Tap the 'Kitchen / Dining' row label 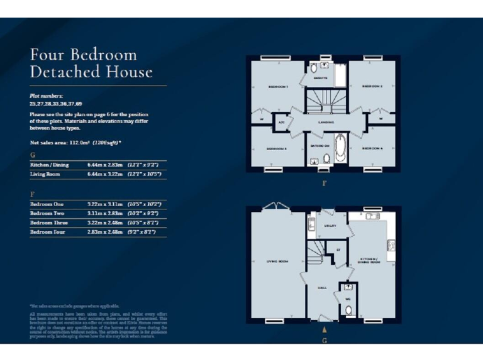point(50,165)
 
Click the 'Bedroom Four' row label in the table point(48,232)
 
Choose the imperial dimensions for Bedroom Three point(144,222)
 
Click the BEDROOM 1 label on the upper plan point(277,86)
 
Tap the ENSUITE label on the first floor point(321,79)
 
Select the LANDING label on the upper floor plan point(325,123)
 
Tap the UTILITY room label point(330,225)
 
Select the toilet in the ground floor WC point(349,310)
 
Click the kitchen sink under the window point(372,217)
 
